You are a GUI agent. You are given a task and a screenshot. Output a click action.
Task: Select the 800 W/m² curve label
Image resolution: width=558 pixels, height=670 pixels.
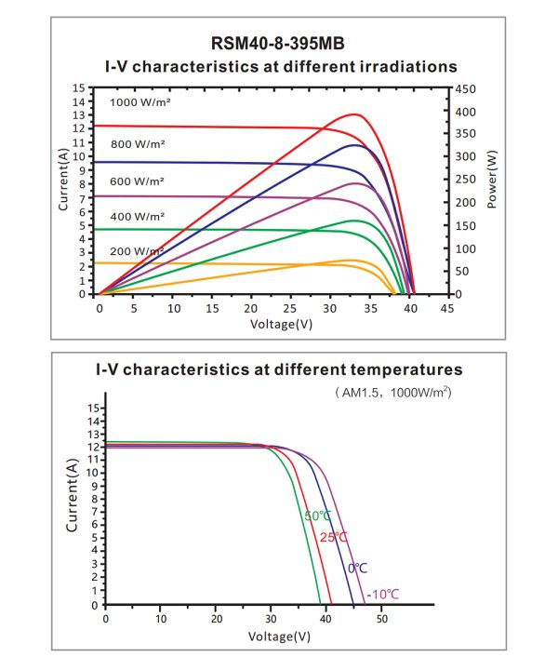pyautogui.click(x=138, y=144)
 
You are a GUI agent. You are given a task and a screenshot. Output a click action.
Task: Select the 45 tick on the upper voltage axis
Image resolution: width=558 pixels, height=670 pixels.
pyautogui.click(x=448, y=307)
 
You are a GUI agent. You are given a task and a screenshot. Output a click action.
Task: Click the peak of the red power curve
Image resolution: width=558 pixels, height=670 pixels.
pyautogui.click(x=354, y=114)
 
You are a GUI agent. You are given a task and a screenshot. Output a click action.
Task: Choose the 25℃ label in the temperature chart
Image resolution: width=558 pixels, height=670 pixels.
pyautogui.click(x=334, y=537)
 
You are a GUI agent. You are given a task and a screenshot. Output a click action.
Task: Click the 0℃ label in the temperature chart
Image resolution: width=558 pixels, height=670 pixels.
pyautogui.click(x=358, y=568)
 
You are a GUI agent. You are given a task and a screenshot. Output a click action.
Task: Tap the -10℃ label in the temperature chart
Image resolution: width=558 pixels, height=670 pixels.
pyautogui.click(x=382, y=594)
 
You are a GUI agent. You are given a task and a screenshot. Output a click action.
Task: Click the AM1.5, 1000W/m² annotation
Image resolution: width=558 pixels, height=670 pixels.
pyautogui.click(x=393, y=394)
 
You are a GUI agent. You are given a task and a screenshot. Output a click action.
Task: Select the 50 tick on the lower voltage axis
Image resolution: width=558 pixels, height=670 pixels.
pyautogui.click(x=380, y=619)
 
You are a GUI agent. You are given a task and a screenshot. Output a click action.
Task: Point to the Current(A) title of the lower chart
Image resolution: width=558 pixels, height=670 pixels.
pyautogui.click(x=73, y=494)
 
